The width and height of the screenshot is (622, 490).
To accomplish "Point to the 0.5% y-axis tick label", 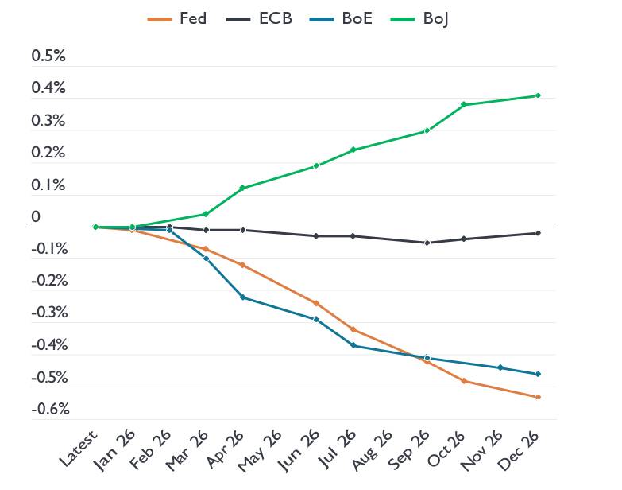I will [x=48, y=57].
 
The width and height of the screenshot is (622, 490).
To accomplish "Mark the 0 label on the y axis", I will [x=36, y=217].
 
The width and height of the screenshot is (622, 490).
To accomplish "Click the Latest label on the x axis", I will [x=79, y=449].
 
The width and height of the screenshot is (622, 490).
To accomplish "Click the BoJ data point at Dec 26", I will [x=538, y=95].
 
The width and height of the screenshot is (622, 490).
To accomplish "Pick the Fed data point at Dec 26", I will [x=538, y=397].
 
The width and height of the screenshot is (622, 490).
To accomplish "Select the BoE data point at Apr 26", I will [x=242, y=297].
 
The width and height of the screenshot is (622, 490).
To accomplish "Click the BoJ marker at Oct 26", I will [x=464, y=105].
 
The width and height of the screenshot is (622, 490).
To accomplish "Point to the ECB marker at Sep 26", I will [x=427, y=243].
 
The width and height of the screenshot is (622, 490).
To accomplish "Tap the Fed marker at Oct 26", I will [x=464, y=381].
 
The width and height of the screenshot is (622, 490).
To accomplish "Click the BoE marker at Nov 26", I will [x=500, y=367].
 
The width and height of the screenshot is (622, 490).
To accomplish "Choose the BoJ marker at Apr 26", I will [x=242, y=188].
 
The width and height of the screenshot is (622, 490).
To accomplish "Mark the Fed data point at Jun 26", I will [x=316, y=303].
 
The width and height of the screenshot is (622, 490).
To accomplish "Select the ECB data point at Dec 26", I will [x=538, y=233].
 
